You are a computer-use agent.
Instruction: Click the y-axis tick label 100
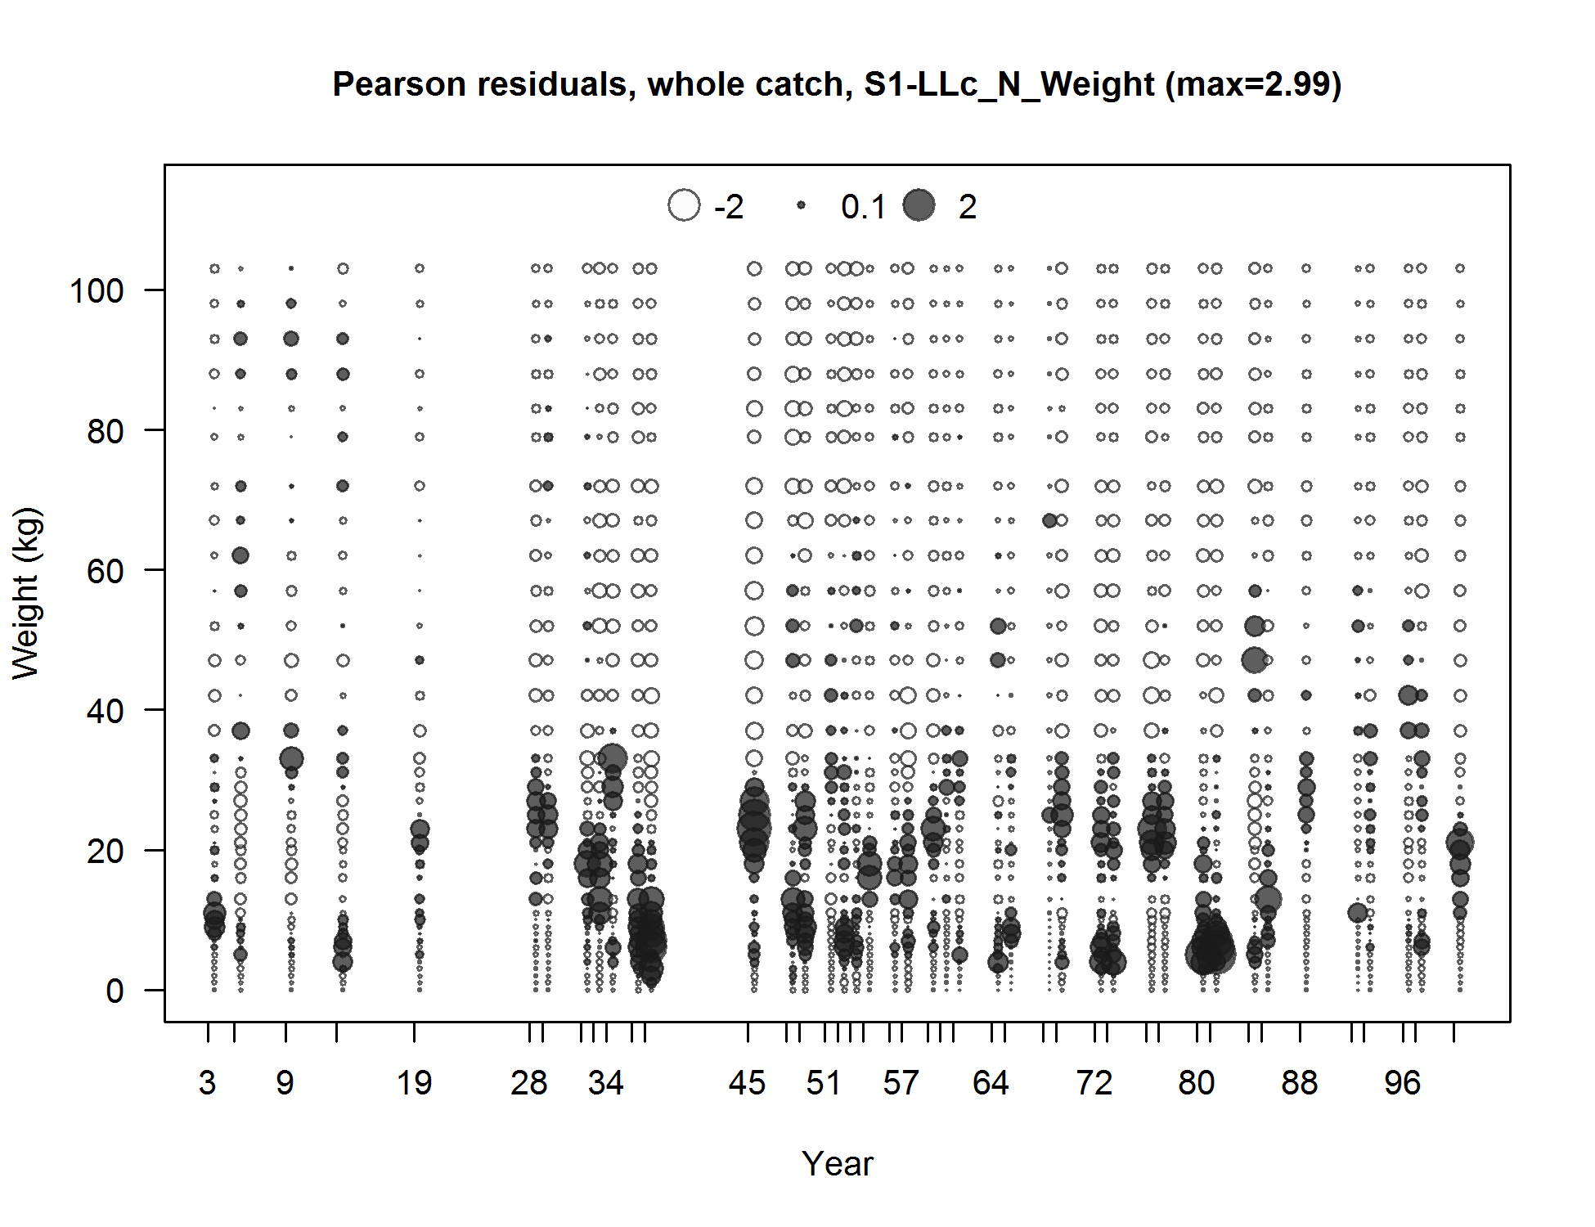tap(97, 291)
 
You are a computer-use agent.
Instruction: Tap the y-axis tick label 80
tap(105, 431)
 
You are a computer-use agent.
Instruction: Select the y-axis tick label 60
tap(105, 571)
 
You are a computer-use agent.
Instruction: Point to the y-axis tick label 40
tap(105, 711)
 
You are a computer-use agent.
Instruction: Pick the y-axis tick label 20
tap(105, 851)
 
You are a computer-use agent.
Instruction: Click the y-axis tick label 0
tap(115, 991)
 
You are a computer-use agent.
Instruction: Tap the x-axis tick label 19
tap(414, 1083)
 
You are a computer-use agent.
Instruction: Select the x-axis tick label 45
tap(747, 1083)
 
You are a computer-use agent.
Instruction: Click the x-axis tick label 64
tap(991, 1083)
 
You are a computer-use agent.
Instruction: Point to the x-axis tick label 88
tap(1300, 1083)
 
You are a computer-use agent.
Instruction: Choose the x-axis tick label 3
tap(207, 1083)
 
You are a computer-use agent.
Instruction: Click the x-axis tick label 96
tap(1403, 1083)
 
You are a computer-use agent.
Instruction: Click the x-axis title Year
tap(838, 1164)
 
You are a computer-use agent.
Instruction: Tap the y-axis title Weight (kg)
tap(26, 594)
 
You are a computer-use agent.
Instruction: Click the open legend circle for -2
tap(684, 205)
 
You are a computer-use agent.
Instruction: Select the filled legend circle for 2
tap(919, 205)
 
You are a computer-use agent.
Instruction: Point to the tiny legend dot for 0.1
tap(802, 205)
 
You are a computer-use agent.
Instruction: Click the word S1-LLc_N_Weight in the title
tap(1009, 84)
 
